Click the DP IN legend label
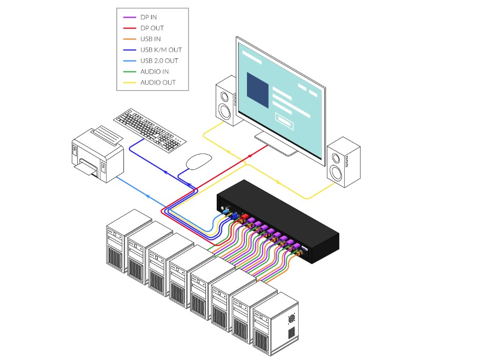pos(149,17)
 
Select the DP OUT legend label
pos(152,28)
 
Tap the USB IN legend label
pos(151,39)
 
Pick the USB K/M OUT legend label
pos(160,50)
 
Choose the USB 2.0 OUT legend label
pos(159,61)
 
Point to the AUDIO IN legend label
pos(154,72)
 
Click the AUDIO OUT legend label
pos(157,82)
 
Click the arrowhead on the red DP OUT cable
pos(250,155)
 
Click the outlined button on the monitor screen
pos(285,119)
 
